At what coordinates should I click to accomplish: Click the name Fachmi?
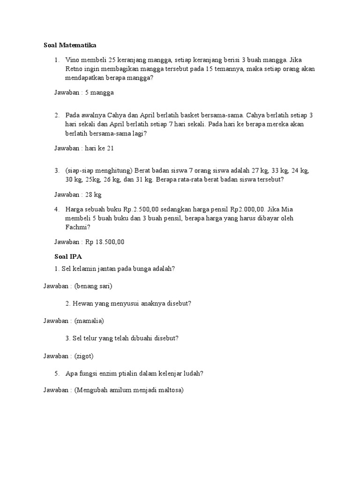77,227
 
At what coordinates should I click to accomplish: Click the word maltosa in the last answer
169,390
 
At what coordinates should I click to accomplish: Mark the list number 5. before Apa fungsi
57,374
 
